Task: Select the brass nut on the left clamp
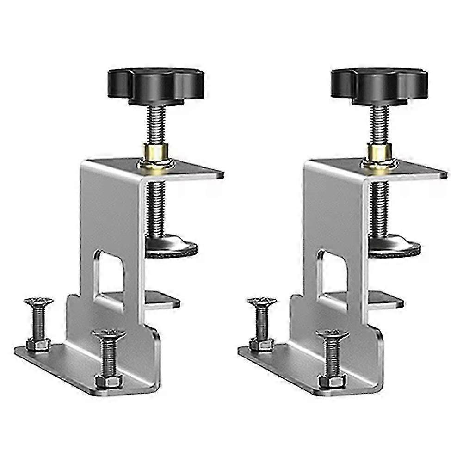[156, 153]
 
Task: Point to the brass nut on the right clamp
[379, 153]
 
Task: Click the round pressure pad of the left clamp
[171, 247]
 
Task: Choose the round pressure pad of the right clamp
[394, 247]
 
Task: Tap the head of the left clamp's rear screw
[38, 302]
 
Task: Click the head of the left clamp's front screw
[109, 334]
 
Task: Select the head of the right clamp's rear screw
[262, 302]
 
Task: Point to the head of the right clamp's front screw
[332, 334]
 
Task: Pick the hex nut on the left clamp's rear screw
[38, 344]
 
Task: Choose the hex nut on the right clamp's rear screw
[262, 344]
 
